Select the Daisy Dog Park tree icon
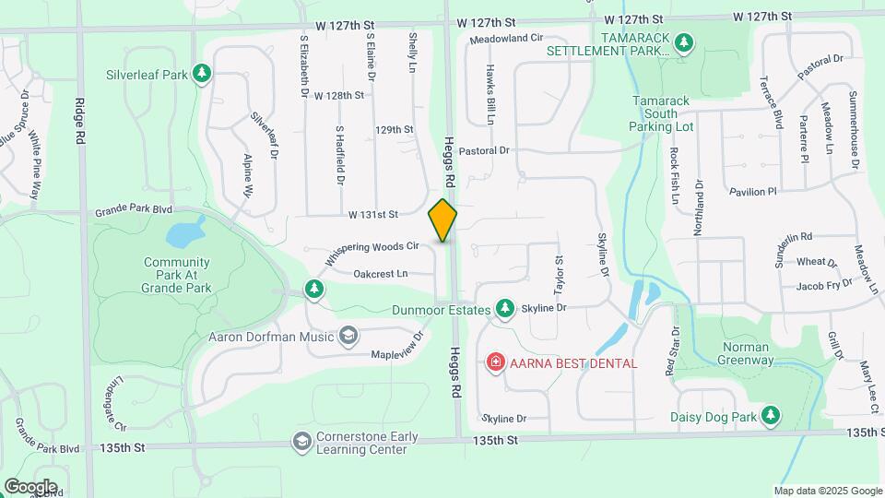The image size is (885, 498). [x=771, y=417]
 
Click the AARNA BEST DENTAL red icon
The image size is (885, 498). [x=495, y=362]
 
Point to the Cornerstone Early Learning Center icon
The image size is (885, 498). [x=301, y=443]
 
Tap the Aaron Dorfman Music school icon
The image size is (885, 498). [x=348, y=336]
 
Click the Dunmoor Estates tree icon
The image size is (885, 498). [x=504, y=309]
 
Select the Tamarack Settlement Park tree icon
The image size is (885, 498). [x=683, y=42]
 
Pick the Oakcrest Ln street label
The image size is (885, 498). [x=380, y=274]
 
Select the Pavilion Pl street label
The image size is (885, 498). [x=753, y=192]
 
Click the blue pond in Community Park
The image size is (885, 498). [x=187, y=232]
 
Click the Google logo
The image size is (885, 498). [x=30, y=486]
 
